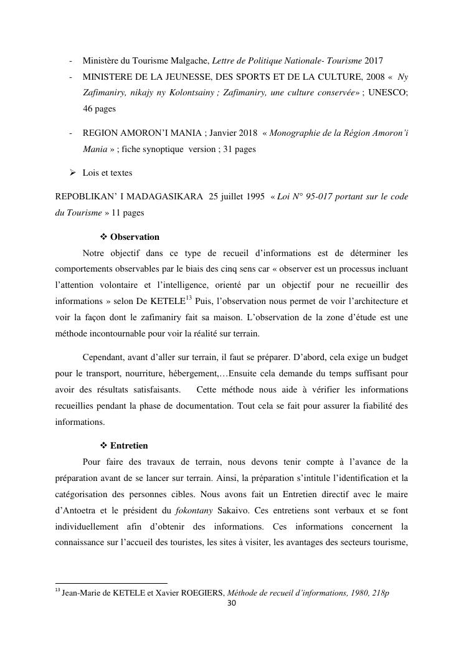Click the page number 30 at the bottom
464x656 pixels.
tap(231, 604)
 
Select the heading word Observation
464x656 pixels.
tap(135, 237)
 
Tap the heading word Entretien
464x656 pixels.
tap(129, 446)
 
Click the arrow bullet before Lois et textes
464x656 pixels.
tap(72, 173)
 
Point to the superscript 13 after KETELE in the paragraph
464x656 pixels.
tap(189, 298)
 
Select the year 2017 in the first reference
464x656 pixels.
tap(374, 60)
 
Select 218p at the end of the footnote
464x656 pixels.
tap(379, 593)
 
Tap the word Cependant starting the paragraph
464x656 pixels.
tap(104, 358)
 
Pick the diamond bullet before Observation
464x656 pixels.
tap(104, 237)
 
